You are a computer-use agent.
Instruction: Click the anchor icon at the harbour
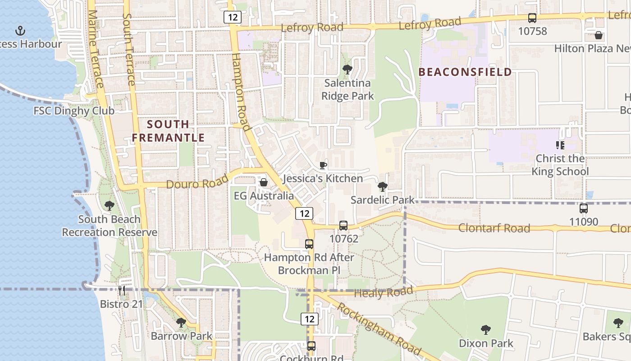[x=20, y=31]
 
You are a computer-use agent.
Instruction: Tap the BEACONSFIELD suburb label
[x=465, y=72]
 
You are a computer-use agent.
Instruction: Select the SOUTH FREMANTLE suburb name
[x=169, y=131]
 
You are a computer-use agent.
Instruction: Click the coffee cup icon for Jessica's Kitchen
[x=323, y=165]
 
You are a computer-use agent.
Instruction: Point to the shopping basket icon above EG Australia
[x=264, y=182]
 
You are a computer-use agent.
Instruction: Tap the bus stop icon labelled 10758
[x=532, y=18]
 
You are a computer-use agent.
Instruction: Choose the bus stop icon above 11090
[x=584, y=208]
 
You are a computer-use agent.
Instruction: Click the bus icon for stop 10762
[x=343, y=225]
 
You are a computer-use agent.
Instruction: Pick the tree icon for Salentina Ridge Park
[x=347, y=69]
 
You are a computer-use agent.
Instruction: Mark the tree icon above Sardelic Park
[x=382, y=186]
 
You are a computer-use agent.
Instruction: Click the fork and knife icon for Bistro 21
[x=121, y=290]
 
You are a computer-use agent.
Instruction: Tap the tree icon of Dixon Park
[x=485, y=330]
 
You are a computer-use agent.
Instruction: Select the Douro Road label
[x=191, y=183]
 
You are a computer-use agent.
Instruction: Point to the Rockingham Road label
[x=379, y=330]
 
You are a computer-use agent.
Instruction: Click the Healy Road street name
[x=384, y=293]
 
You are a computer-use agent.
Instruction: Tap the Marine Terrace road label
[x=96, y=50]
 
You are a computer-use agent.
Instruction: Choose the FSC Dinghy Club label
[x=74, y=111]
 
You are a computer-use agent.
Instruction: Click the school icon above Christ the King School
[x=560, y=145]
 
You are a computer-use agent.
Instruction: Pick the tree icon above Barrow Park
[x=181, y=323]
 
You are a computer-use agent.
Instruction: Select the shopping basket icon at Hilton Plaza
[x=599, y=35]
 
